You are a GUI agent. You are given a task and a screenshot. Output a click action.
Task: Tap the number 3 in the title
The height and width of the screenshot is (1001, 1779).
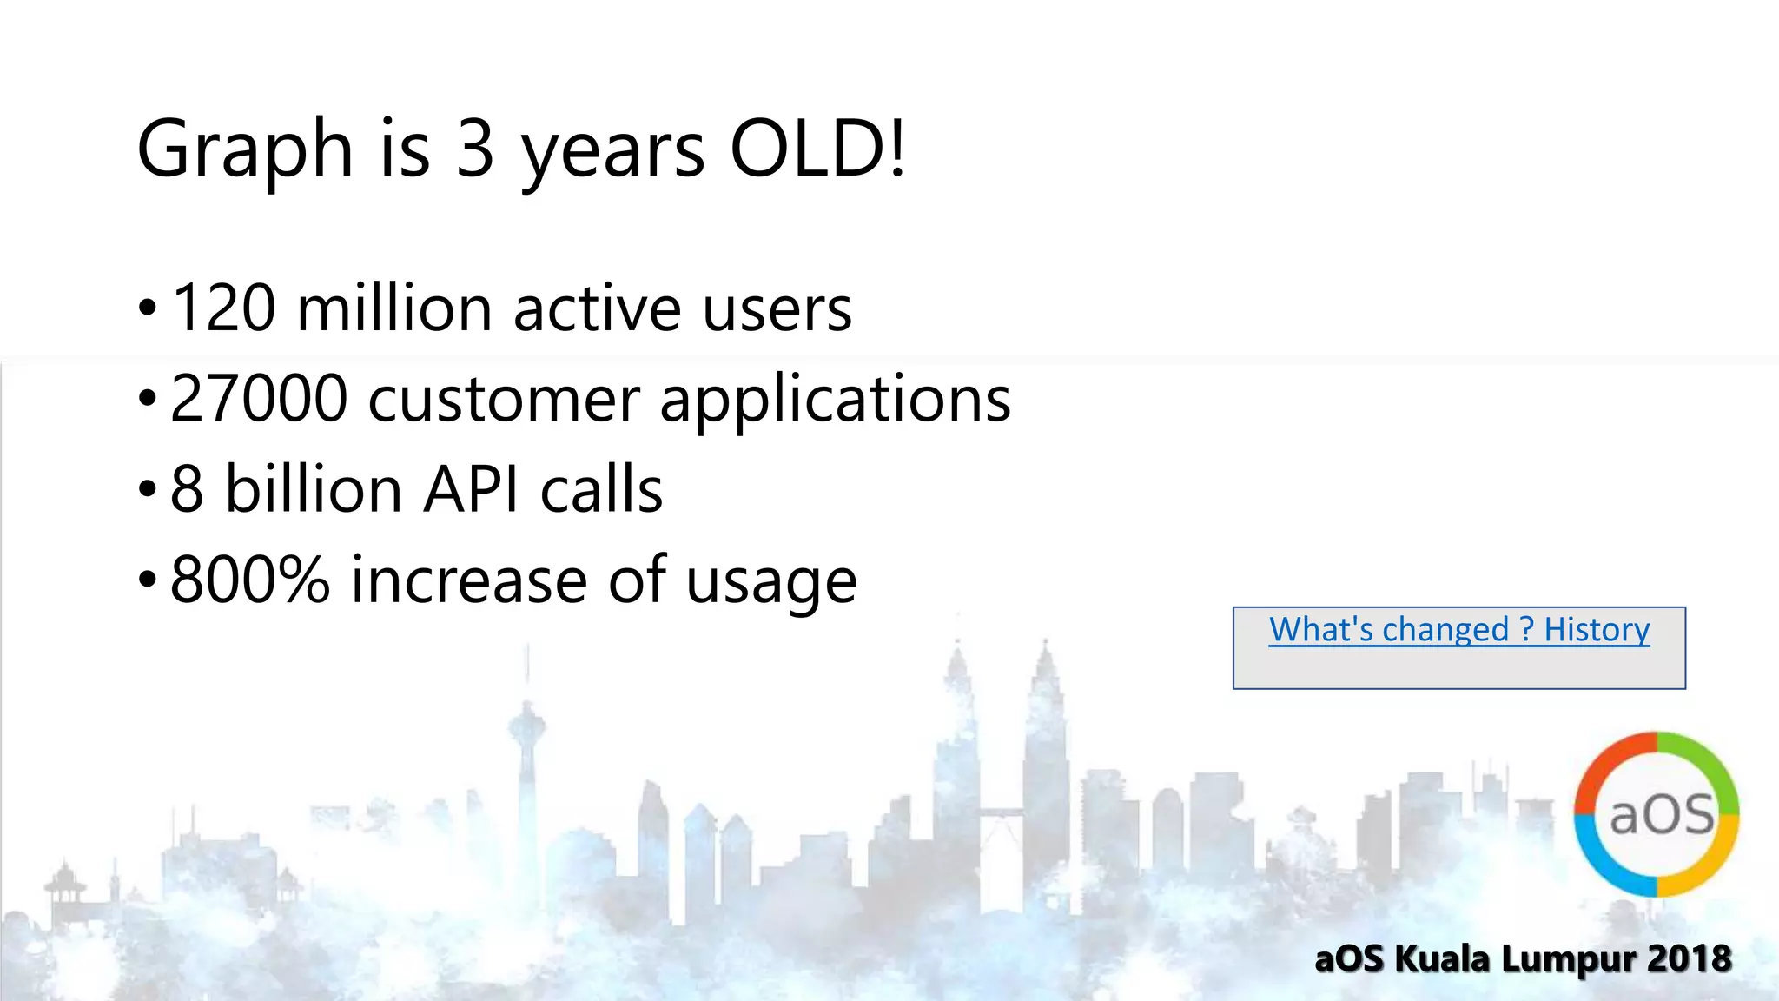coord(475,149)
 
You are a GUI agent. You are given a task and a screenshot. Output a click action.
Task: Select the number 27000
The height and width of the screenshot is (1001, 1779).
coord(259,399)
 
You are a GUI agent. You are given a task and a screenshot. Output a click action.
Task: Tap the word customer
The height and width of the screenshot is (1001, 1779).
coord(504,401)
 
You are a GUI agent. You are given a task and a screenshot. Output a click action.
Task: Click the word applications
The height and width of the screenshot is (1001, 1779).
coord(835,401)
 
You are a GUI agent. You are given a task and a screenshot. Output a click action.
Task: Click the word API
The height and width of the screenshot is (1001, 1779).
coord(472,489)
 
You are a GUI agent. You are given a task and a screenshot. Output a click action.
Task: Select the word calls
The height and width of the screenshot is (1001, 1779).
coord(601,489)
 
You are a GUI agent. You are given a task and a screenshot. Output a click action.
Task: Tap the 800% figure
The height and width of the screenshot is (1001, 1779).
coord(250,580)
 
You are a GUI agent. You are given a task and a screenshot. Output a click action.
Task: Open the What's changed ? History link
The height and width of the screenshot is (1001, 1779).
coord(1458,630)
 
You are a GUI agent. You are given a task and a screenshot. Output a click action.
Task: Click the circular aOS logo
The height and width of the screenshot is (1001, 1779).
coord(1657,814)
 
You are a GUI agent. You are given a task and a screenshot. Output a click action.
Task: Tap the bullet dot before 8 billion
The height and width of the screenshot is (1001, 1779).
coord(148,489)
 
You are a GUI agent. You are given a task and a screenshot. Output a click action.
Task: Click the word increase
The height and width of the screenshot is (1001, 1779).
coord(469,580)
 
